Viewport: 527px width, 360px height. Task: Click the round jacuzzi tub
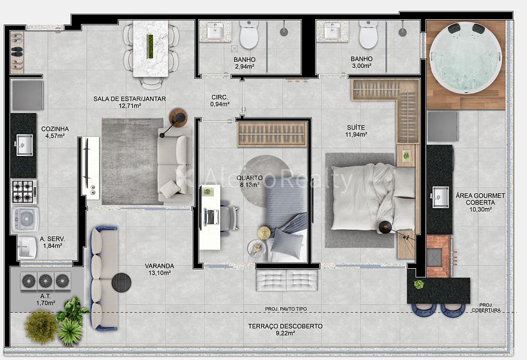click(466, 58)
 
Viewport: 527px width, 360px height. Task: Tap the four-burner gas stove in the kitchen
click(24, 192)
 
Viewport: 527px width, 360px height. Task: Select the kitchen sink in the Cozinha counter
click(25, 145)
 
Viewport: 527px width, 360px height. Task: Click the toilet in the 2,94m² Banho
click(249, 35)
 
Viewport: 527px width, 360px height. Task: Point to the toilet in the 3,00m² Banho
click(369, 35)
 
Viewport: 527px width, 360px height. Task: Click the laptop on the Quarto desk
click(211, 217)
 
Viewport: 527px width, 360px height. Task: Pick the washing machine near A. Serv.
click(26, 219)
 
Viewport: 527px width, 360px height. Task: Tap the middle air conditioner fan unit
click(46, 281)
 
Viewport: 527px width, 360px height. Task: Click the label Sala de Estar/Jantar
click(130, 99)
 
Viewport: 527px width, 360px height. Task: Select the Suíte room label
click(356, 128)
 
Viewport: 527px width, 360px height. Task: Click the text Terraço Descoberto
click(285, 326)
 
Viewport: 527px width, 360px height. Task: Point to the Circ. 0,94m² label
click(220, 100)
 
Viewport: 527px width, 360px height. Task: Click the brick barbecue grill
click(439, 256)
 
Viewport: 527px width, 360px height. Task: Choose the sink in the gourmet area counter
click(441, 197)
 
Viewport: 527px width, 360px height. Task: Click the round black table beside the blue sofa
click(121, 283)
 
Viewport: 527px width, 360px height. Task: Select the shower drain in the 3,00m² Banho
click(402, 32)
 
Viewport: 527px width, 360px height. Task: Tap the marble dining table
click(151, 49)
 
